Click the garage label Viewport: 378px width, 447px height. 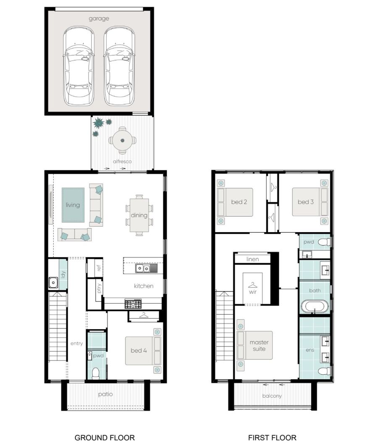coord(99,19)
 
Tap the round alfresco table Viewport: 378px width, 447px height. coord(122,140)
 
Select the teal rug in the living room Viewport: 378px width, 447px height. coord(73,205)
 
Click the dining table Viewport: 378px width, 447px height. coord(139,215)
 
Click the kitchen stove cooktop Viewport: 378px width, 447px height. coord(133,304)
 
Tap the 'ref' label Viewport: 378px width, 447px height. coord(99,268)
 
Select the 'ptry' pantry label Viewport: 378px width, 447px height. coord(99,288)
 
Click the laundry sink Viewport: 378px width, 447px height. coord(53,283)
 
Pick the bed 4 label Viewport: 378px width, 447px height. coord(139,350)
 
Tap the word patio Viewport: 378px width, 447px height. coord(105,394)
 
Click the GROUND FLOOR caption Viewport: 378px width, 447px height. coord(105,438)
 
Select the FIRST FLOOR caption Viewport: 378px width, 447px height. coord(272,438)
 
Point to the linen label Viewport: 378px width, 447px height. coord(252,259)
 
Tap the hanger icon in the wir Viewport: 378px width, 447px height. coord(252,285)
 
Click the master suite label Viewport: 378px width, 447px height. coord(259,346)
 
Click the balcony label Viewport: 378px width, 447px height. coord(272,396)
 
